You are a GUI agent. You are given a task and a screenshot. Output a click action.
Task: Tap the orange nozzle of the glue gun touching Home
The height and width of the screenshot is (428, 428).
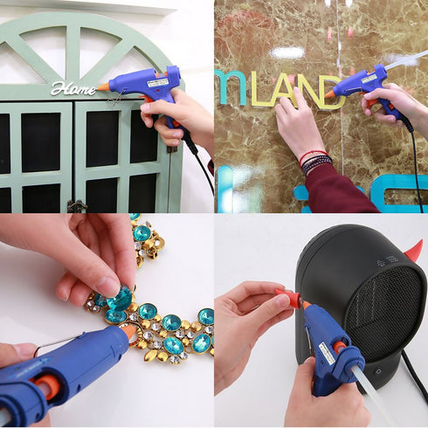coord(104,86)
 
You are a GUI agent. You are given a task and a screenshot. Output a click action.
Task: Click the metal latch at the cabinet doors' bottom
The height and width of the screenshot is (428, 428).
coord(78,206)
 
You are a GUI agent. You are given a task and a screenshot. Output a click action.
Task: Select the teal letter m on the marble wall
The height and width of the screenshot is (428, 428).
coord(231,87)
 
